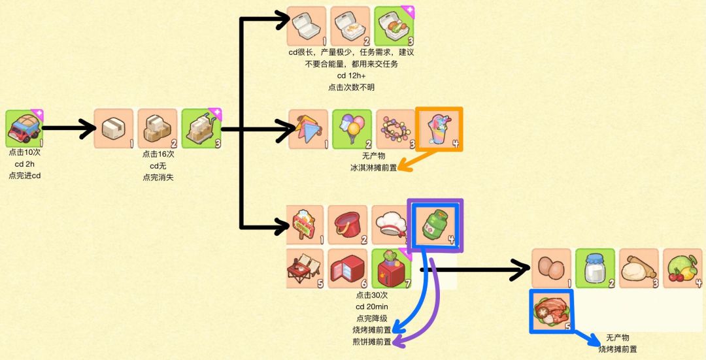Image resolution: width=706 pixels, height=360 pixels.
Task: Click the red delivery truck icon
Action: [25, 129]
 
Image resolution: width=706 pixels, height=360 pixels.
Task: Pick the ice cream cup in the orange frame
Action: [439, 129]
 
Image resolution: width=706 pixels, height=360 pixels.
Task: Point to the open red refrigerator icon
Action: [347, 269]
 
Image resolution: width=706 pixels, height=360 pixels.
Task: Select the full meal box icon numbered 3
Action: [394, 27]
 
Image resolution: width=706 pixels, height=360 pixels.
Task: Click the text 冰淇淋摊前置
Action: [373, 168]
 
